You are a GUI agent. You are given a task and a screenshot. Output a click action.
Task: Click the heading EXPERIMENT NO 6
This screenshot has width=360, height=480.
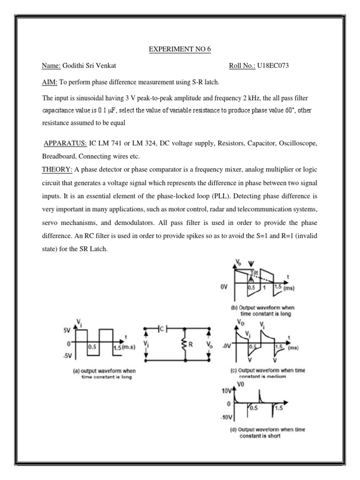pos(180,48)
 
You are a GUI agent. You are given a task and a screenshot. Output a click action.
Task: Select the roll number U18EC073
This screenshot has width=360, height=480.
pos(273,66)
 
